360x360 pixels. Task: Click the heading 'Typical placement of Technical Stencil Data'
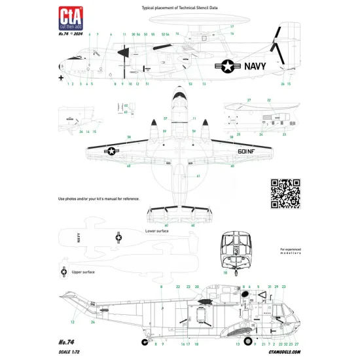click(179, 7)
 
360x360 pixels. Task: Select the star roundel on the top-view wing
click(112, 151)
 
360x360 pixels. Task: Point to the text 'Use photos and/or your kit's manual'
click(98, 198)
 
